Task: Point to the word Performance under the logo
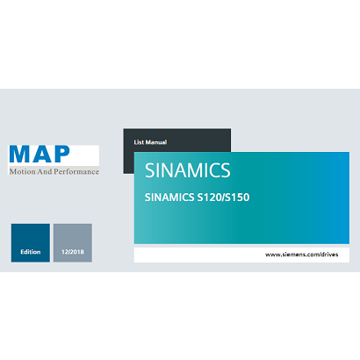click(x=75, y=171)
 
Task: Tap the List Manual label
click(x=149, y=141)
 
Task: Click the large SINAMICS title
click(x=188, y=169)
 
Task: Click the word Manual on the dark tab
click(x=155, y=141)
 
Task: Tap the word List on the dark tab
click(x=138, y=141)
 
